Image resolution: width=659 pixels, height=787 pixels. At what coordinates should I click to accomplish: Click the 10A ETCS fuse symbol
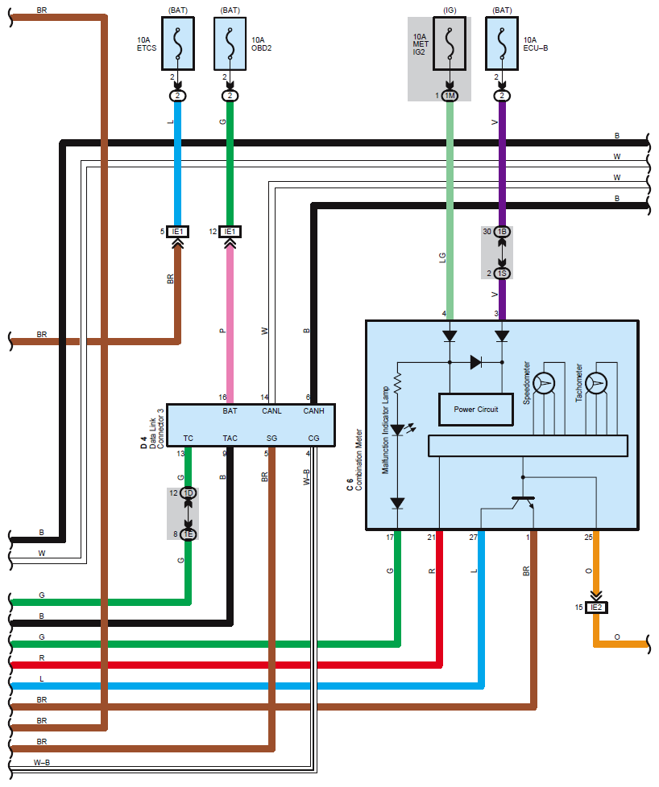pos(178,44)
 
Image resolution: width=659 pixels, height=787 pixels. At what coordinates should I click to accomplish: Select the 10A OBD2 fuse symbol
pos(230,44)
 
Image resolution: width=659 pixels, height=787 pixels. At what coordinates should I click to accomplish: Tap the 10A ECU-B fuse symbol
pos(502,44)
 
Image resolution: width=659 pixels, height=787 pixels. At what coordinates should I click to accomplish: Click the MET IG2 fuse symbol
pos(450,44)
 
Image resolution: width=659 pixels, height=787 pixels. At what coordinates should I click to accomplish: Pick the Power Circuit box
pos(475,410)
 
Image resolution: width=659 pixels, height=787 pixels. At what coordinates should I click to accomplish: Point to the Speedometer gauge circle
pos(545,384)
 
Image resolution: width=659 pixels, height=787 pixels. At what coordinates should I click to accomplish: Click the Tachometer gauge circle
pos(597,384)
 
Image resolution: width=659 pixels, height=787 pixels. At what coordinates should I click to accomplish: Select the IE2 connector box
pos(595,607)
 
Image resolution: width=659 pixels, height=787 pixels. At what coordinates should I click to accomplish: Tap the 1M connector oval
pos(450,96)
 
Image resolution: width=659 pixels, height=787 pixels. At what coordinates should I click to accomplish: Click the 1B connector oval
pos(502,232)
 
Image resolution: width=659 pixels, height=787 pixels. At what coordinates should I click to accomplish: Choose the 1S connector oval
pos(502,274)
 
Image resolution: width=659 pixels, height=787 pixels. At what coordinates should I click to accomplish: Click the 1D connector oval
pos(189,493)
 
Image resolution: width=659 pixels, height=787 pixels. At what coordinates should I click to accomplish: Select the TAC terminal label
pos(230,438)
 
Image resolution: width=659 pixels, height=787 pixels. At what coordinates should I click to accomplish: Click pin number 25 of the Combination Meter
pos(589,537)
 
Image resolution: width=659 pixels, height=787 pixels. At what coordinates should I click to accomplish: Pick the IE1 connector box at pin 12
pos(230,232)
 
